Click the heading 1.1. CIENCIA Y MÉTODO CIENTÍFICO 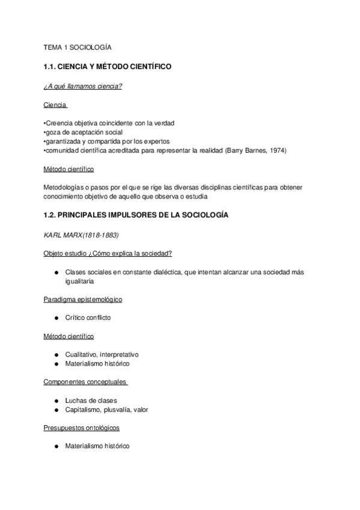(108, 67)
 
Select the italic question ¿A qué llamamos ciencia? (83, 87)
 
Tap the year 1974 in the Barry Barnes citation (278, 150)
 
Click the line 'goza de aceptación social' (84, 132)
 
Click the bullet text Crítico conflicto (88, 318)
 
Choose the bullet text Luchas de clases (91, 401)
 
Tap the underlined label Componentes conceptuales (85, 382)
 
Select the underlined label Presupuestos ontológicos (82, 428)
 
